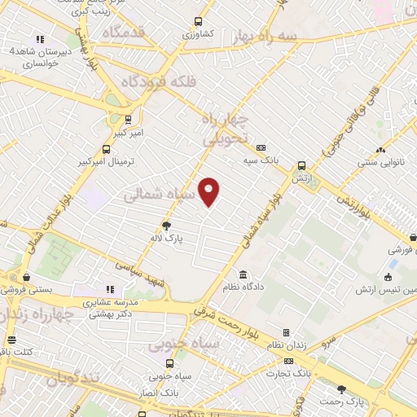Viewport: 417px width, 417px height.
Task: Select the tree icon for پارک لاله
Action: (167, 226)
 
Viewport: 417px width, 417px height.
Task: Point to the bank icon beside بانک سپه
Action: (261, 148)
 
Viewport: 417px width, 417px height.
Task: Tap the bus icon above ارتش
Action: (301, 165)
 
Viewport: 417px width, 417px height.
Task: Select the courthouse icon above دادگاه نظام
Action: (241, 274)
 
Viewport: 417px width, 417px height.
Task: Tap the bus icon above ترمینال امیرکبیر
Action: (106, 149)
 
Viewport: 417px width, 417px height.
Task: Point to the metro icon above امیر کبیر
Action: (128, 118)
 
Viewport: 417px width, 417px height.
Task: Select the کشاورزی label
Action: (197, 34)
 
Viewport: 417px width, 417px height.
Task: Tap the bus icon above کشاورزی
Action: (197, 23)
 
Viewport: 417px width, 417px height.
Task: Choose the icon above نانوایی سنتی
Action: (381, 150)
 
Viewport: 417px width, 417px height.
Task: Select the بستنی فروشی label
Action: (25, 290)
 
